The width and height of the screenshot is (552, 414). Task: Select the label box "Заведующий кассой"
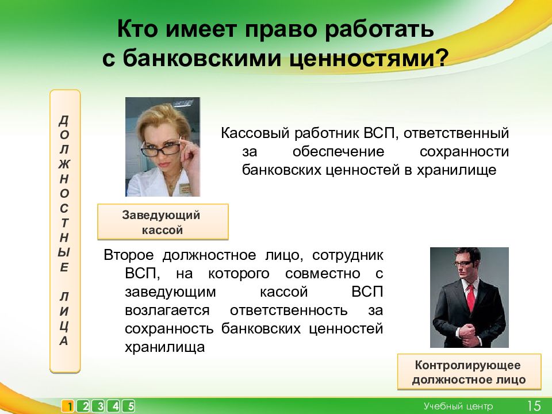163,222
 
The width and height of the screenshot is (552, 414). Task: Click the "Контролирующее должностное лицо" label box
469,372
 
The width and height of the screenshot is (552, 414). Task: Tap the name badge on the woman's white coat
184,189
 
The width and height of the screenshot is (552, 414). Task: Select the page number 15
534,406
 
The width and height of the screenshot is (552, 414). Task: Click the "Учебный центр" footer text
458,407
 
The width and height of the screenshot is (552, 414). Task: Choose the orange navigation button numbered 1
68,407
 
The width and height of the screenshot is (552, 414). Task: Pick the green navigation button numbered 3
99,407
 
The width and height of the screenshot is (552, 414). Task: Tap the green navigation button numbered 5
129,407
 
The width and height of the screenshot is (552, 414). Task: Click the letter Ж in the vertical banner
64,164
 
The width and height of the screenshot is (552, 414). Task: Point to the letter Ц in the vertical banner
64,326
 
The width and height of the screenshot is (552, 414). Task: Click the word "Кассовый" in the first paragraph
255,134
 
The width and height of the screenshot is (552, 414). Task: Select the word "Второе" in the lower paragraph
128,255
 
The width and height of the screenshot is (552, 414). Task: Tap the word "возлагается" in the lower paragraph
167,310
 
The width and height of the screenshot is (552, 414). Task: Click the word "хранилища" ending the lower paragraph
165,347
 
